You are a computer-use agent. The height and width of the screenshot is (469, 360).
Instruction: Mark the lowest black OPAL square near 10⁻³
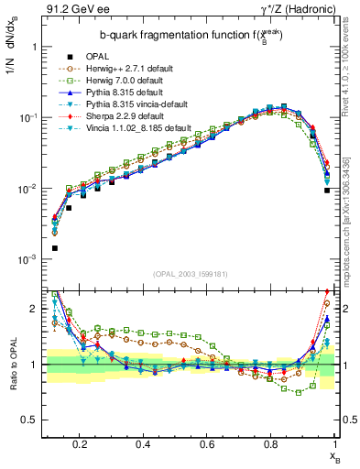click(54, 248)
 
